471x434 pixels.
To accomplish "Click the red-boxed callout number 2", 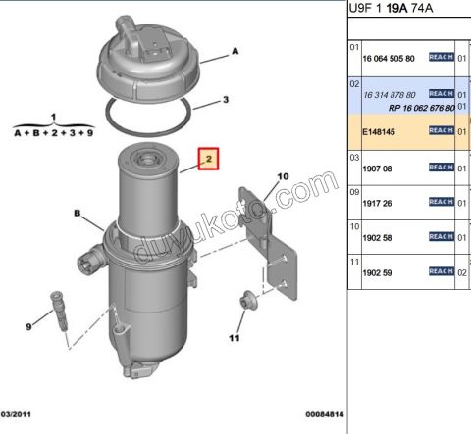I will (x=208, y=158).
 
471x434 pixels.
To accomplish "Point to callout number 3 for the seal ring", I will (x=225, y=100).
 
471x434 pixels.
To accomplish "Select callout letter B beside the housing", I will (x=75, y=212).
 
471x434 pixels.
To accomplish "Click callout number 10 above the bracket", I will (x=283, y=177).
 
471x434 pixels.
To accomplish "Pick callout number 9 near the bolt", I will (x=28, y=325).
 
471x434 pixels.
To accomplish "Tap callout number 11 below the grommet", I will (x=234, y=339).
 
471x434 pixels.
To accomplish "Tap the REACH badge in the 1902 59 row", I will (x=442, y=270).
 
